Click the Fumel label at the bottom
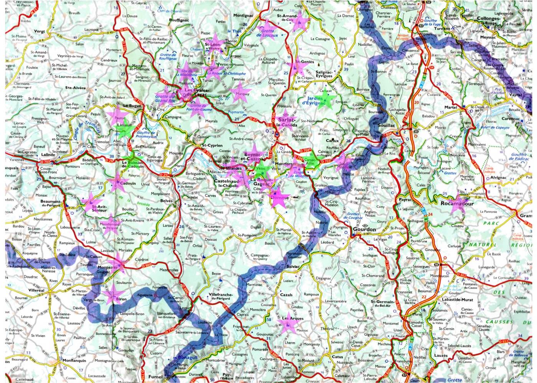coord(155,377)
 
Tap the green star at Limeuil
coord(125,131)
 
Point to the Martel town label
coord(451,108)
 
